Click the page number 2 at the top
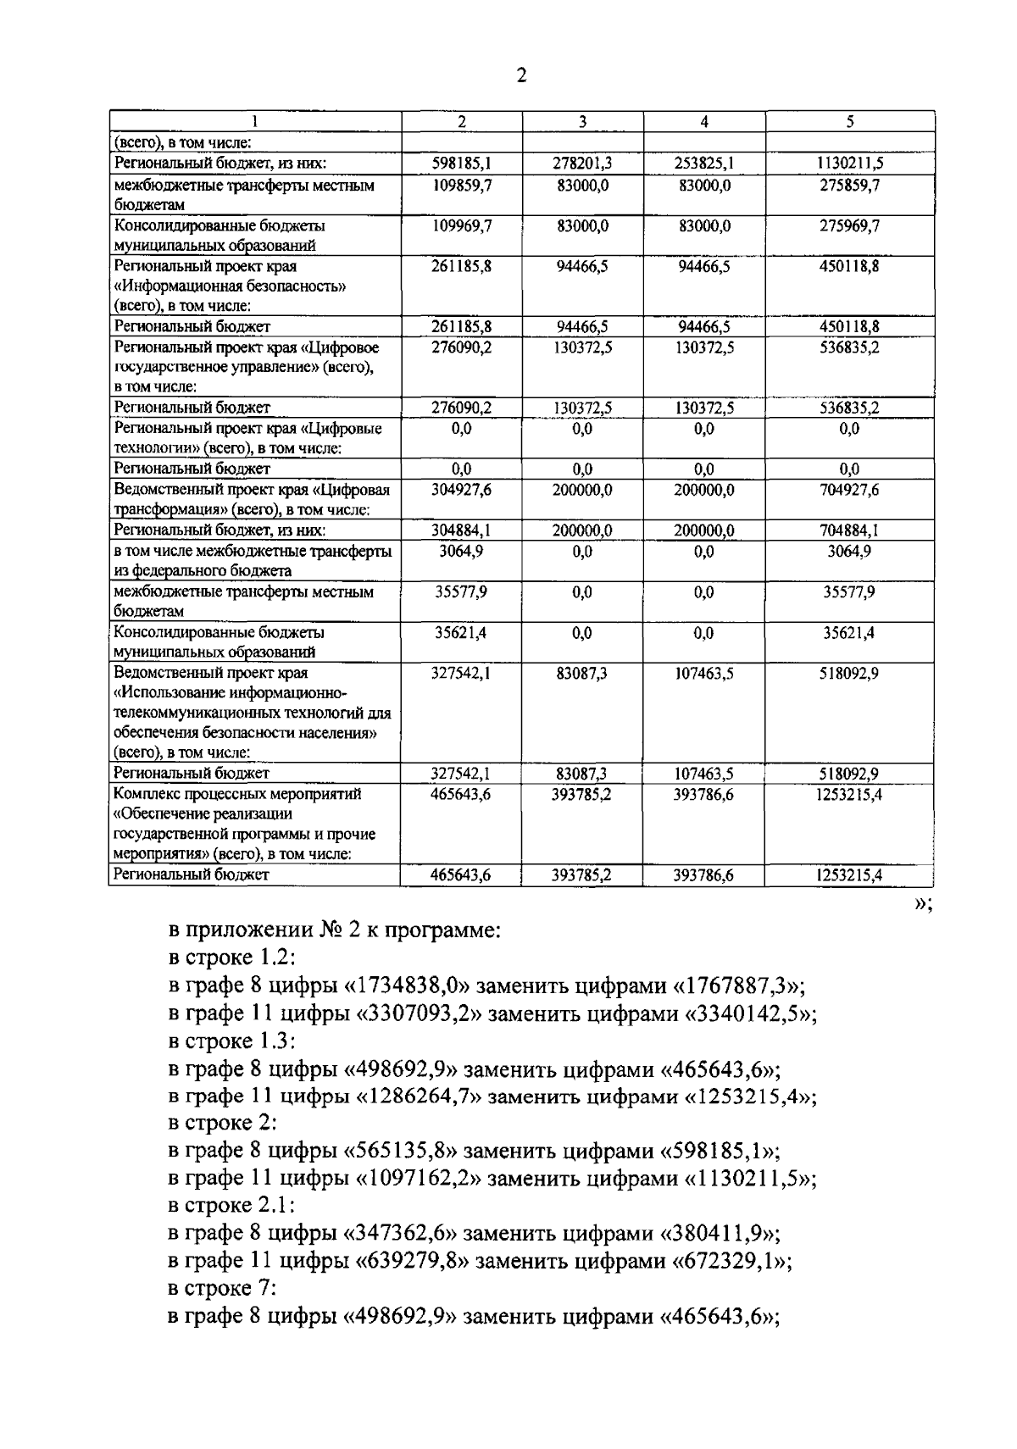pyautogui.click(x=521, y=77)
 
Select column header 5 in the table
pyautogui.click(x=849, y=122)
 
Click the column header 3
pyautogui.click(x=582, y=122)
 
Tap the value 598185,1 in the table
pyautogui.click(x=461, y=164)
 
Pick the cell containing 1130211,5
pyautogui.click(x=849, y=164)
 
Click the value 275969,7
pyautogui.click(x=849, y=226)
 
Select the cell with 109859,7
pyautogui.click(x=461, y=185)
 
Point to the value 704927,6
pyautogui.click(x=849, y=490)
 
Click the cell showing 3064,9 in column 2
pyautogui.click(x=461, y=552)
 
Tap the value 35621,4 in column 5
pyautogui.click(x=849, y=633)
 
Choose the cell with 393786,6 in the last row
pyautogui.click(x=703, y=875)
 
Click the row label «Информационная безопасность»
pyautogui.click(x=230, y=286)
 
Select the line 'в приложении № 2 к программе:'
pyautogui.click(x=335, y=930)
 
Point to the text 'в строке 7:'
pyautogui.click(x=222, y=1289)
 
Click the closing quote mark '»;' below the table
pyautogui.click(x=923, y=904)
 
